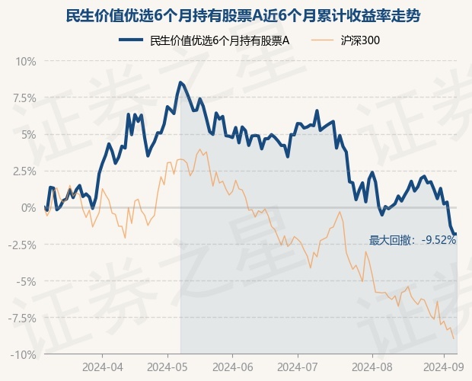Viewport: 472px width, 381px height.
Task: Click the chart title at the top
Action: click(x=243, y=16)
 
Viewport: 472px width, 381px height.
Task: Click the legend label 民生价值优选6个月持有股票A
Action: click(x=220, y=40)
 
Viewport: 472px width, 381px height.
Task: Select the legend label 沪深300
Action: click(x=360, y=40)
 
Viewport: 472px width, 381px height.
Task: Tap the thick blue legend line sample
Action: click(x=131, y=40)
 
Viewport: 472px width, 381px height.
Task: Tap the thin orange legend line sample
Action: click(x=322, y=40)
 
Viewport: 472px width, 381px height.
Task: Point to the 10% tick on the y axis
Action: click(x=26, y=62)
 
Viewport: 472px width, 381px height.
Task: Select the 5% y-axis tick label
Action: click(x=28, y=135)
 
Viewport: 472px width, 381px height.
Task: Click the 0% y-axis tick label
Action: click(x=28, y=208)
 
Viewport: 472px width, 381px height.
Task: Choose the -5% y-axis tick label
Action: click(x=26, y=282)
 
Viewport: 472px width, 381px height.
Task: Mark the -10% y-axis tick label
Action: click(x=24, y=355)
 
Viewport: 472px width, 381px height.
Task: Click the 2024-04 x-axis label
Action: click(x=102, y=367)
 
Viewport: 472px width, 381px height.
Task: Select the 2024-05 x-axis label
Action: click(x=167, y=367)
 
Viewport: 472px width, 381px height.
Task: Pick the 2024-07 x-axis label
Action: click(x=298, y=367)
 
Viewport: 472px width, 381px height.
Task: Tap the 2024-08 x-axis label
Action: click(x=372, y=367)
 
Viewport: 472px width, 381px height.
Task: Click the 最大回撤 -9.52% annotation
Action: click(x=413, y=240)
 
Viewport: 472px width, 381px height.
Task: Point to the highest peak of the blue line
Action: click(x=180, y=82)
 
